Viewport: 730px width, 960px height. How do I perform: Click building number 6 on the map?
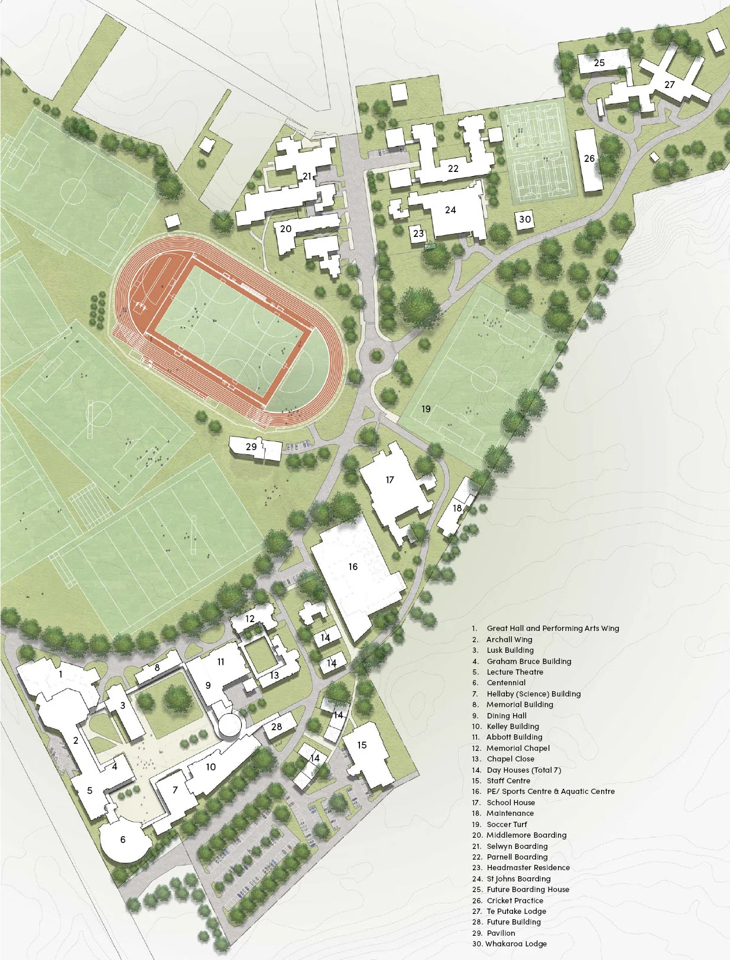[123, 839]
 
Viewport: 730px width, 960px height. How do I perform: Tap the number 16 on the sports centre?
[353, 567]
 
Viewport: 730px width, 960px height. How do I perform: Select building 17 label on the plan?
[390, 480]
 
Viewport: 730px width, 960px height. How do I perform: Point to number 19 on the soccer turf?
[426, 409]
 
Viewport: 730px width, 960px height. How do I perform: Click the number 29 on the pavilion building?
[251, 447]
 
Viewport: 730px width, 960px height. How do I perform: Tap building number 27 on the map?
[670, 84]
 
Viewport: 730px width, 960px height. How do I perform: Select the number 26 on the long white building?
[589, 158]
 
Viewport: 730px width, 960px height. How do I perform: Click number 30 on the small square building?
[525, 219]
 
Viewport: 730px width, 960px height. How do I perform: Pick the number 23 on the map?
[418, 233]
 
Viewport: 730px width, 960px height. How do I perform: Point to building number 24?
[450, 210]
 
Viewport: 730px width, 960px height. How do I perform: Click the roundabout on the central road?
[376, 355]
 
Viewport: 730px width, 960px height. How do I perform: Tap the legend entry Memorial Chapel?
[518, 748]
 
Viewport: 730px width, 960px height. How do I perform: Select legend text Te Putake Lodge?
[516, 911]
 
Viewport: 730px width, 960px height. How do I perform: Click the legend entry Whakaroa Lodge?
[515, 943]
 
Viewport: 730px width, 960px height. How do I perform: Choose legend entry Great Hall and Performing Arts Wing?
[553, 628]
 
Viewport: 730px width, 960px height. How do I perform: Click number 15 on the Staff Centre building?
[362, 745]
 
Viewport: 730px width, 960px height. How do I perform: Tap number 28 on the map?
[277, 727]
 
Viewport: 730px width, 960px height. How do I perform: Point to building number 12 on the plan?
[250, 619]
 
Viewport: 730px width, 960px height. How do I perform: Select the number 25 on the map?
[599, 63]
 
